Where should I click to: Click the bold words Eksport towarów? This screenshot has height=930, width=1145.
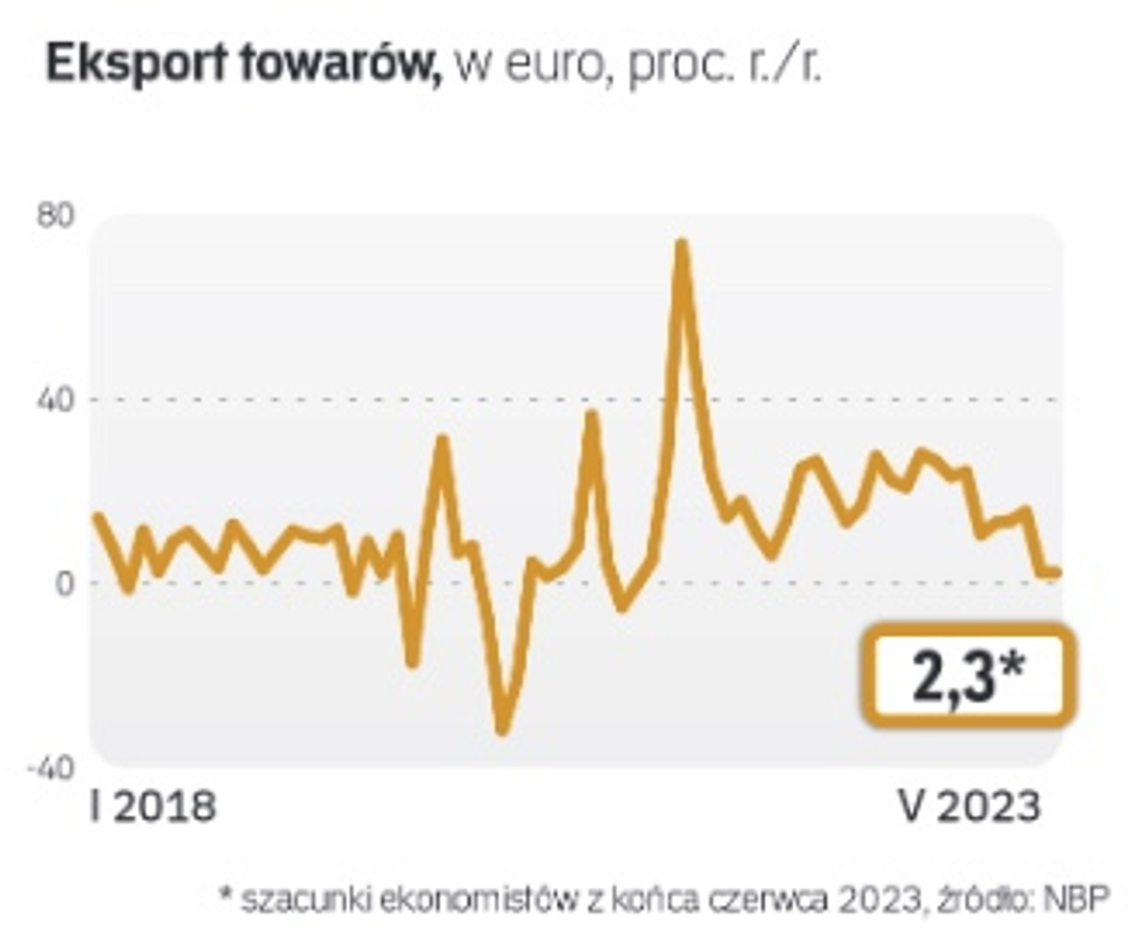pos(244,65)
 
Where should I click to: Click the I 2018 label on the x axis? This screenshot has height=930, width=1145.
pos(153,808)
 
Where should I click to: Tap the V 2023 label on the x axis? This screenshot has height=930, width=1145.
pos(970,808)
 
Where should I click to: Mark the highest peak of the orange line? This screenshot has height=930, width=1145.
pos(681,244)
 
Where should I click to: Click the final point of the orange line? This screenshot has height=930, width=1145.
pos(1057,573)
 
